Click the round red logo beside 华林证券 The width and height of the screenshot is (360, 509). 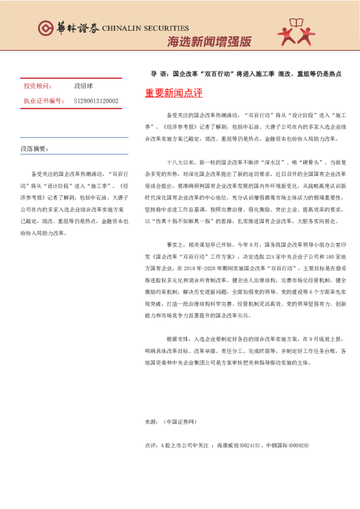pos(46,28)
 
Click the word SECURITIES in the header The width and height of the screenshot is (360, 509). pos(165,28)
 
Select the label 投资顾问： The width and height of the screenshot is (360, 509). pos(38,86)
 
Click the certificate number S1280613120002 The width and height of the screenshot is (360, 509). pos(96,100)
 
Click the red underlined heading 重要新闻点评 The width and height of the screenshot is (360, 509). pos(174,94)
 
